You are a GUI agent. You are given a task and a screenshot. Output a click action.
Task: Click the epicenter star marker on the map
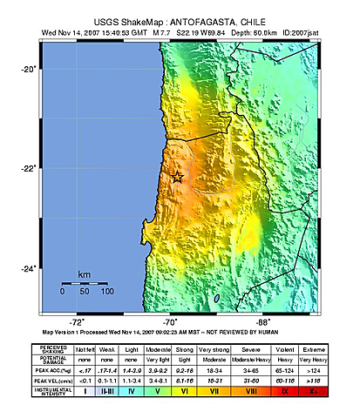pyautogui.click(x=177, y=177)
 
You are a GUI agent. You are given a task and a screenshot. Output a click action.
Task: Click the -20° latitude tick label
pyautogui.click(x=28, y=69)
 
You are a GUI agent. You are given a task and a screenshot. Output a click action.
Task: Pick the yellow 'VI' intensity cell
pyautogui.click(x=185, y=392)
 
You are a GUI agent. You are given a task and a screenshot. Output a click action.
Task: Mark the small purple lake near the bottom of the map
pyautogui.click(x=215, y=299)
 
